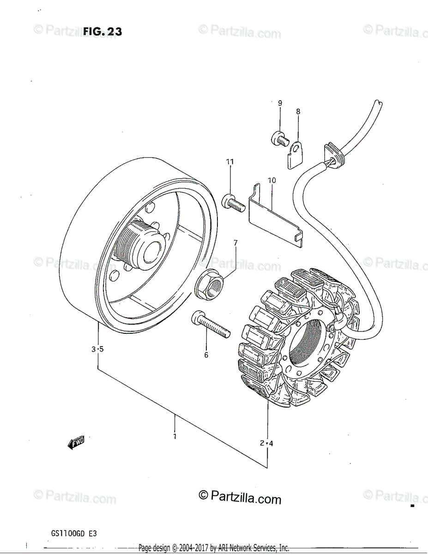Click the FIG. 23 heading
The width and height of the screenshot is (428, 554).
click(x=102, y=31)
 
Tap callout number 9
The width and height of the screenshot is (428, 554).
click(x=280, y=103)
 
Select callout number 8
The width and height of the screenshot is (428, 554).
click(x=298, y=111)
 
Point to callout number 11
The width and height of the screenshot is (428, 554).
click(x=229, y=162)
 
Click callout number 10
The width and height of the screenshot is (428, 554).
click(x=271, y=180)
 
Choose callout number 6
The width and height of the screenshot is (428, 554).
click(x=206, y=355)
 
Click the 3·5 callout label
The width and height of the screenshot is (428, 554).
click(x=97, y=349)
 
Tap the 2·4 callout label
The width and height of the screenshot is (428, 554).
click(x=266, y=444)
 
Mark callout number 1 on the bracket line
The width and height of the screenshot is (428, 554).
click(x=175, y=436)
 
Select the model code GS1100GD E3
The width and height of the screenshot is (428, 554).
click(x=74, y=533)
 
